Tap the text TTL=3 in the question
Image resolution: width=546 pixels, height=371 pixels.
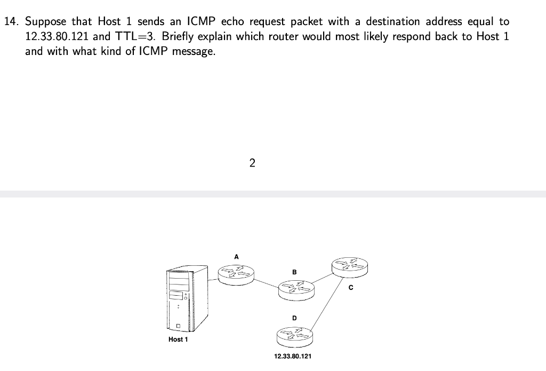tap(135, 37)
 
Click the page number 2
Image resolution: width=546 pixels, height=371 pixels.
tap(252, 163)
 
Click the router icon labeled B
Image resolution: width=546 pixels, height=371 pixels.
tap(296, 289)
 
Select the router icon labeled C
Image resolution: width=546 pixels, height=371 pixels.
tap(350, 265)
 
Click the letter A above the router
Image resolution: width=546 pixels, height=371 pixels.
tap(237, 257)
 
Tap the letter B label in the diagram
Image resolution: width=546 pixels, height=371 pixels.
tap(294, 272)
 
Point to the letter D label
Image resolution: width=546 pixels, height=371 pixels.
tap(294, 318)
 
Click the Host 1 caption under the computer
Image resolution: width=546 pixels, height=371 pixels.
tap(178, 340)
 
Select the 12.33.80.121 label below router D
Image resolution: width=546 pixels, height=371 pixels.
tap(293, 356)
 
